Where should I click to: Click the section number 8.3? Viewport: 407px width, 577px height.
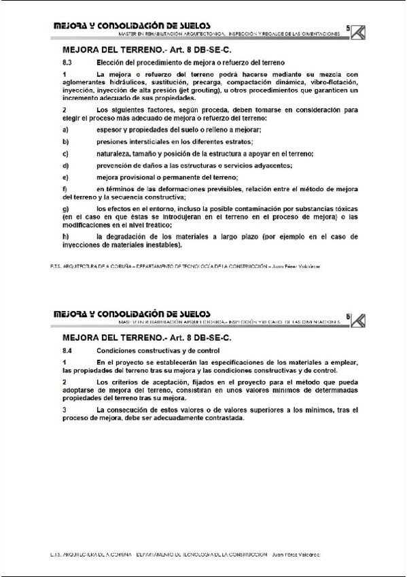(x=67, y=61)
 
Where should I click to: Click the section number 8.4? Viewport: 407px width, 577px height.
(x=67, y=348)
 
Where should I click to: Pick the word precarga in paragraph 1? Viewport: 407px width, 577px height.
(x=208, y=82)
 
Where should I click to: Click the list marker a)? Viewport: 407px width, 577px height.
(x=65, y=130)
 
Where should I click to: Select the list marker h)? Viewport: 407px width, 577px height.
(x=65, y=236)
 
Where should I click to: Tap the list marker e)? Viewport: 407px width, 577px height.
(x=65, y=177)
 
